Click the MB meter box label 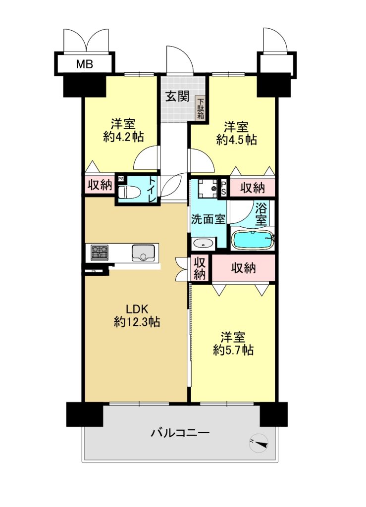[84, 64]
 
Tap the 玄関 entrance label [177, 96]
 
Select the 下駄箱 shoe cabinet [201, 108]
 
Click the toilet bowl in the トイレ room [129, 192]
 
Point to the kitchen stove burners [100, 253]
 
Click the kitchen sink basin [143, 252]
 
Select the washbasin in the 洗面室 [203, 244]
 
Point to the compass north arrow [259, 443]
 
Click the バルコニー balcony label [180, 432]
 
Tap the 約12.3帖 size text [137, 322]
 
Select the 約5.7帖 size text [233, 350]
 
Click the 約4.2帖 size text [123, 137]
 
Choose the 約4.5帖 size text [237, 140]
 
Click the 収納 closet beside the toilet [100, 185]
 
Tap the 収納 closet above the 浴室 [252, 187]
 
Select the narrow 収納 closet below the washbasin [200, 268]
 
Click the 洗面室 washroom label [208, 219]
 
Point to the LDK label [137, 309]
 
